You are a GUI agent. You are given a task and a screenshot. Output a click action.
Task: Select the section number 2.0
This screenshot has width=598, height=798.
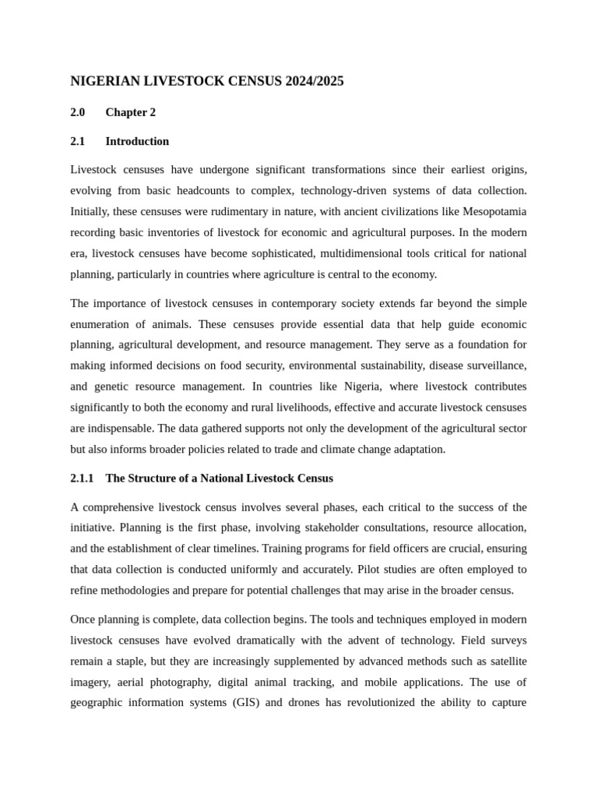point(78,112)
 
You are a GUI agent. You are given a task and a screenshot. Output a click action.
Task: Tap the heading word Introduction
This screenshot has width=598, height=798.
point(137,141)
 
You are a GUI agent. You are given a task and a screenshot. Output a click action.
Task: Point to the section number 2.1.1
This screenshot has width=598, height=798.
point(82,478)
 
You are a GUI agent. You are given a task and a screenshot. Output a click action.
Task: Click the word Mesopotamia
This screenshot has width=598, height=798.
point(494,211)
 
